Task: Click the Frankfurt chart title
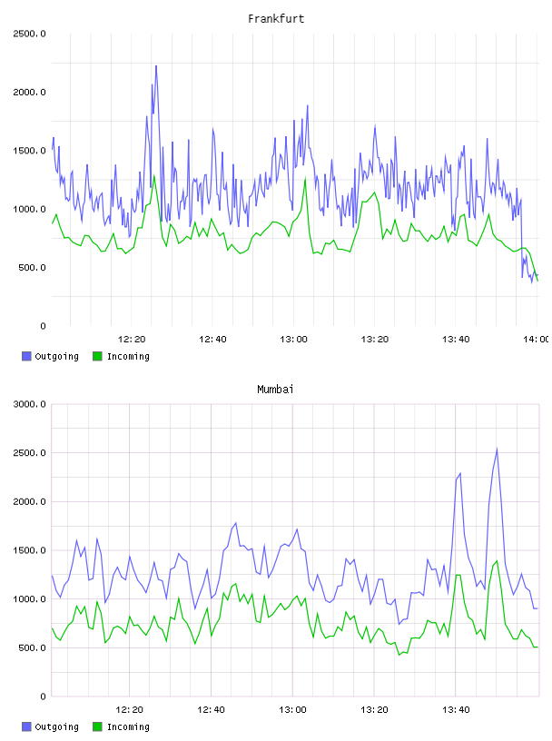coord(276,18)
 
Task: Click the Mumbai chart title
coord(275,389)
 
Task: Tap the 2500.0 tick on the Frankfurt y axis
coord(29,34)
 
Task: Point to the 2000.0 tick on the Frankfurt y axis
coord(29,92)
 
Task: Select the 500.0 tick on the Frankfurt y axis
coord(32,268)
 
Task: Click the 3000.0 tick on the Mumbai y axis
coord(29,404)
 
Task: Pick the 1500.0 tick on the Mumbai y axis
coord(29,550)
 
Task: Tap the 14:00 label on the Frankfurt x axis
coord(537,339)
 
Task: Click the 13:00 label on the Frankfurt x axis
coord(293,339)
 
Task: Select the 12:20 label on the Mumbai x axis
coord(130,709)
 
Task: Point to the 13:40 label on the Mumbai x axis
coord(456,709)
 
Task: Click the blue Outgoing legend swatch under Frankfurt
coord(26,356)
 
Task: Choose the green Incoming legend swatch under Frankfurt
coord(97,356)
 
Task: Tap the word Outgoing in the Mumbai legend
coord(56,726)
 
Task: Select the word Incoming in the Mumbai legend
coord(128,726)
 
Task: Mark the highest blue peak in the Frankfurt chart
coord(156,66)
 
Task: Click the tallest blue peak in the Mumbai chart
coord(497,449)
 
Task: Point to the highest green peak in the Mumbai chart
coord(497,561)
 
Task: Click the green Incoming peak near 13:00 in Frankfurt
coord(305,179)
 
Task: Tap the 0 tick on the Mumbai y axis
coord(43,697)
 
